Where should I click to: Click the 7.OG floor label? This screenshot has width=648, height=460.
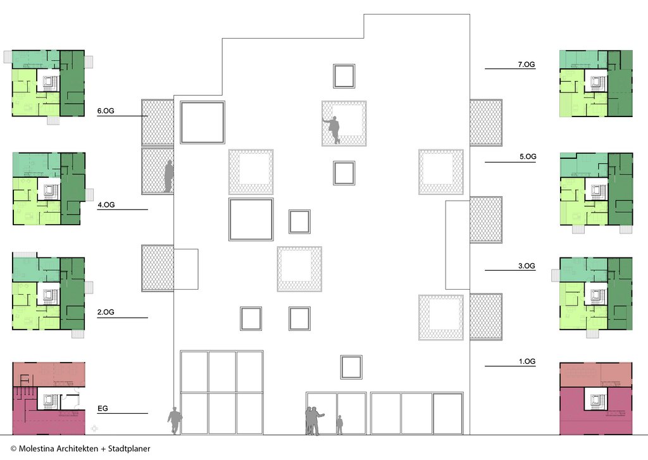click(x=526, y=65)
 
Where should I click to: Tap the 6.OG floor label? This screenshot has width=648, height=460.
click(x=106, y=111)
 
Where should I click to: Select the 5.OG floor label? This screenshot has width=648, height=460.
click(x=528, y=157)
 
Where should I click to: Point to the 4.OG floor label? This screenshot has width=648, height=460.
click(x=106, y=204)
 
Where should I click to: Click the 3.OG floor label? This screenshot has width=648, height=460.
click(x=527, y=266)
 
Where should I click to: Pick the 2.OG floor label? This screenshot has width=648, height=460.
click(x=106, y=312)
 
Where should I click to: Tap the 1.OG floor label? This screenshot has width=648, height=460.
click(x=527, y=361)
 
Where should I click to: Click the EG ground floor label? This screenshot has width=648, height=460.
click(x=103, y=408)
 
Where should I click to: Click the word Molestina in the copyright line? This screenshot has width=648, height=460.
click(x=36, y=449)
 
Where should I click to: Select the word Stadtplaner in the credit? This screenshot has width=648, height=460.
click(x=129, y=449)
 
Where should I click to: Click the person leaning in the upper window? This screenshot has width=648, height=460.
click(x=332, y=130)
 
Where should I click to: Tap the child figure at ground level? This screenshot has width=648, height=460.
click(x=339, y=425)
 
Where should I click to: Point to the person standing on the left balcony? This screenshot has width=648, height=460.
click(x=168, y=176)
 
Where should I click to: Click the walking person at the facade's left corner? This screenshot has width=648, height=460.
click(x=175, y=421)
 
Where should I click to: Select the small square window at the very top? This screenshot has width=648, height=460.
click(x=344, y=76)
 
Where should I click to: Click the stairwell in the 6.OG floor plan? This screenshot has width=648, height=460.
click(x=49, y=80)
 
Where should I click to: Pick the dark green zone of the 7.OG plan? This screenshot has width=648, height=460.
click(x=620, y=84)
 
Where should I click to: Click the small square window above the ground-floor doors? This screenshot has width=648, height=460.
click(x=351, y=367)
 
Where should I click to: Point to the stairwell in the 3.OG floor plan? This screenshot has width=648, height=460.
click(x=595, y=294)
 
